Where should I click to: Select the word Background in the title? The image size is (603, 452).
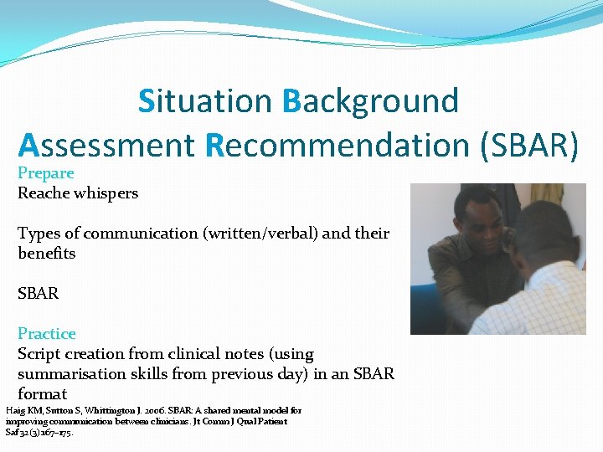click(371, 100)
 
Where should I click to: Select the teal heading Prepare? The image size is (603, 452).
click(46, 173)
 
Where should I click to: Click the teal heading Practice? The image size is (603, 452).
click(47, 334)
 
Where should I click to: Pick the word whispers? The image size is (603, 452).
click(106, 193)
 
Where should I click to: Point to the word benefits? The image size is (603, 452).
click(47, 254)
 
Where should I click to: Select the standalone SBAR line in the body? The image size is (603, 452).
click(39, 294)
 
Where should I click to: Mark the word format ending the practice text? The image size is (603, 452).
click(42, 394)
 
